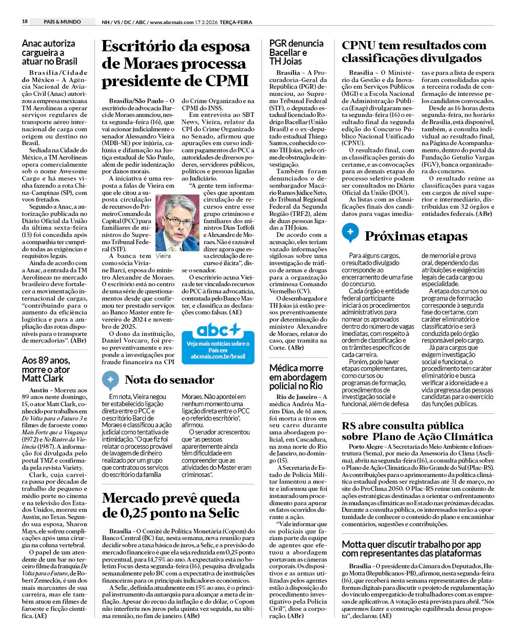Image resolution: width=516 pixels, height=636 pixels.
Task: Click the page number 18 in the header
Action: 25,22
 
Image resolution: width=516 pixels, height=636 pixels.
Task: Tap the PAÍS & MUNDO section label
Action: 62,22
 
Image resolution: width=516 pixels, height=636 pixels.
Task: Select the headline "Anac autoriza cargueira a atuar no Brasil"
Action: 49,52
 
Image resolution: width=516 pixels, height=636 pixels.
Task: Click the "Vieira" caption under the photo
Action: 163,255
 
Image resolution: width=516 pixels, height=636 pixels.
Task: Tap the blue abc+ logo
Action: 218,329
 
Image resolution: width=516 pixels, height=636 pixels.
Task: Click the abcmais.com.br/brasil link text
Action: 218,356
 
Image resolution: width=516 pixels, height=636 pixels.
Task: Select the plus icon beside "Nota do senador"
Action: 110,380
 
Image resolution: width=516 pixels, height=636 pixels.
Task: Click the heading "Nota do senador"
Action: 169,380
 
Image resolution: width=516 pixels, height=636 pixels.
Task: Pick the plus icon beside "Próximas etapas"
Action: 350,233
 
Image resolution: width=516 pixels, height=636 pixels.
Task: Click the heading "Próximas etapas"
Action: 416,236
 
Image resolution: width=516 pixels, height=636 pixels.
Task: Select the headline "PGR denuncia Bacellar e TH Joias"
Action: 296,52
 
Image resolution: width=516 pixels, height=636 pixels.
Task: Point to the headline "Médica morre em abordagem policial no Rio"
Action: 296,377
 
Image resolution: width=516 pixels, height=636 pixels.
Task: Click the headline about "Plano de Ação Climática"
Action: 417,431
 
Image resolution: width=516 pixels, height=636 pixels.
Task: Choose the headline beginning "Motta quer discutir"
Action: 411,548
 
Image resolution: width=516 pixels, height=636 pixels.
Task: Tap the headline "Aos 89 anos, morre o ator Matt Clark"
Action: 46,369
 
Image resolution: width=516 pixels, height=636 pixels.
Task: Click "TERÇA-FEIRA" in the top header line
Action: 235,22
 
